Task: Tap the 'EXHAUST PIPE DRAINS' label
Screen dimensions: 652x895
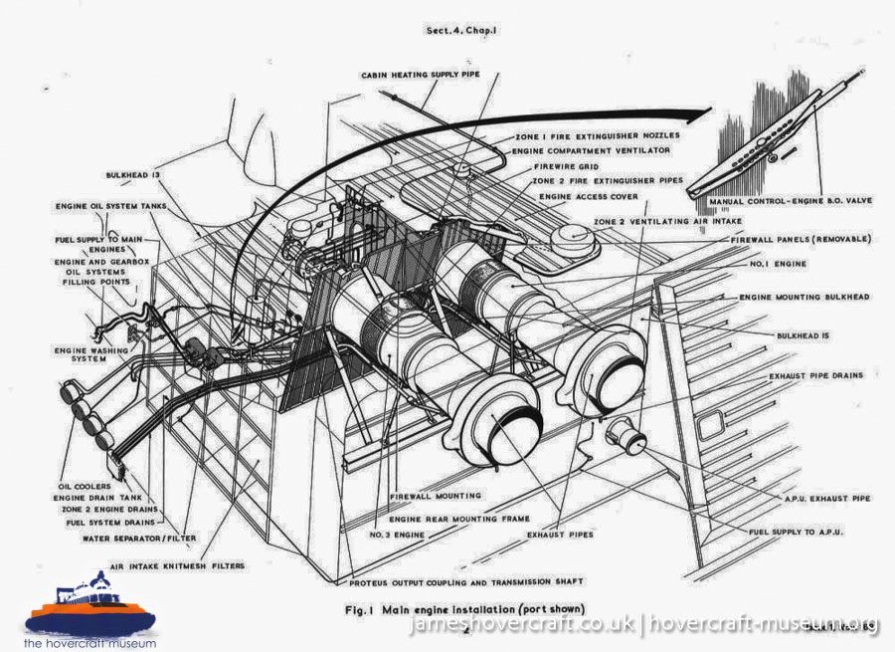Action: coord(816,376)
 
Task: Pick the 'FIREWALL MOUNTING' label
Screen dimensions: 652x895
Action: coord(436,495)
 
